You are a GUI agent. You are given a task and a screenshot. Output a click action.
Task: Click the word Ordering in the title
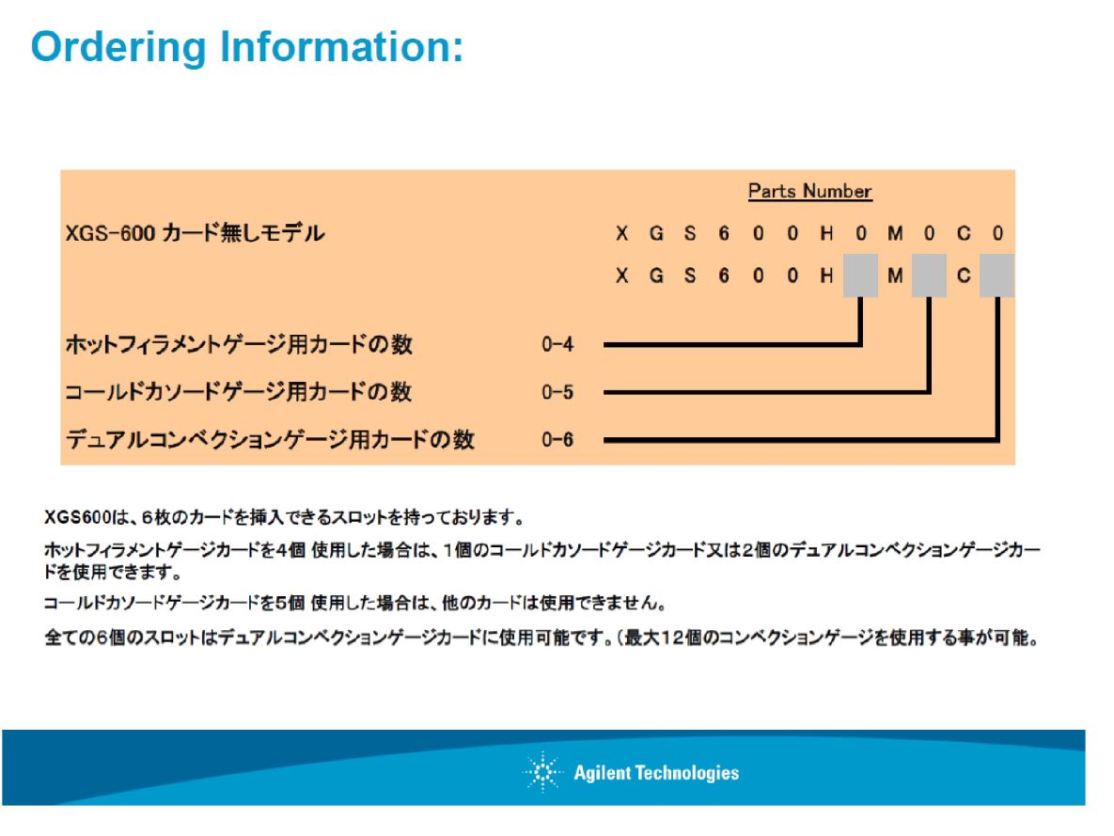click(118, 48)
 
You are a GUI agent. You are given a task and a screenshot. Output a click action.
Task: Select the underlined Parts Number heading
click(810, 191)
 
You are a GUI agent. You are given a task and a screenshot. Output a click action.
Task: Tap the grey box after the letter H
click(860, 276)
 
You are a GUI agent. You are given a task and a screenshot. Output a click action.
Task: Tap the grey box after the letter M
click(930, 276)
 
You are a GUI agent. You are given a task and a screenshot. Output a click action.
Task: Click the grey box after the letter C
click(996, 276)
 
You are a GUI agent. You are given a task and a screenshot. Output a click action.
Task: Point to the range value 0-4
click(557, 345)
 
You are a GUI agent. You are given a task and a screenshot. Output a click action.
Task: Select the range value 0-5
click(557, 392)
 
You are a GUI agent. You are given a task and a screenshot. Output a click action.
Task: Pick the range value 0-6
click(557, 439)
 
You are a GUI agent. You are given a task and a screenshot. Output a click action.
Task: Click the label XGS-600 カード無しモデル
click(196, 233)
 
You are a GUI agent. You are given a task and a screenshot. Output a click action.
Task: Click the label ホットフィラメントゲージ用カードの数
click(240, 344)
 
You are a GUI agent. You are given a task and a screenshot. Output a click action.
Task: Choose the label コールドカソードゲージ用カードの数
click(239, 392)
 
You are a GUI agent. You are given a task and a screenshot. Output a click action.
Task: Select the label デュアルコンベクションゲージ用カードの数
click(270, 439)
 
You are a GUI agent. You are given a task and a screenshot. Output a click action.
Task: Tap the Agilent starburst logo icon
click(542, 772)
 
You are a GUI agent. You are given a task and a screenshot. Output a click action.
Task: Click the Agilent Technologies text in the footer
click(656, 773)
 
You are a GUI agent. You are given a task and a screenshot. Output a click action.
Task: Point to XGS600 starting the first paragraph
click(77, 517)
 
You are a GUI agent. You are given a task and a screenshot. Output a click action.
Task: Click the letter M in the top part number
click(895, 233)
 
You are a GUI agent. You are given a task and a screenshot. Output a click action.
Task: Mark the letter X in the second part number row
click(621, 276)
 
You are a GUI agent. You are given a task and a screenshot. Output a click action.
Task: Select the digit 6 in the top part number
click(724, 233)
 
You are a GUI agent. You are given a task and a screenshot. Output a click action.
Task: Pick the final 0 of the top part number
click(997, 233)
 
